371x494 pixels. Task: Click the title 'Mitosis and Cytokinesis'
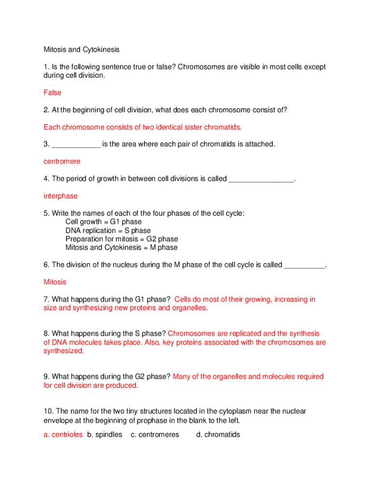(81, 49)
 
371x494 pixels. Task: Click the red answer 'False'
(53, 93)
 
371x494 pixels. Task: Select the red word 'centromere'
(62, 162)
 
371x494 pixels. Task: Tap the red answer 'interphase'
(61, 196)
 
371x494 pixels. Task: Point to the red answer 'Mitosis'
(55, 282)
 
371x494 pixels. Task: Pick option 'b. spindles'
(105, 435)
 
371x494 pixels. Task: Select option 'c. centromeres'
(155, 435)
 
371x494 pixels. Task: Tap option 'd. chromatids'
(218, 435)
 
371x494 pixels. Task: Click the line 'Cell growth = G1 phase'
(104, 222)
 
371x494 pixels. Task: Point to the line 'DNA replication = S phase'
(108, 231)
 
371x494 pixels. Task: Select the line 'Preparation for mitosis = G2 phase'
(121, 239)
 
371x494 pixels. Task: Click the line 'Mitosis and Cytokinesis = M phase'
(121, 247)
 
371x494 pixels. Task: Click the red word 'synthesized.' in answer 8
(64, 351)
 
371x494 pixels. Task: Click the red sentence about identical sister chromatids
(143, 127)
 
